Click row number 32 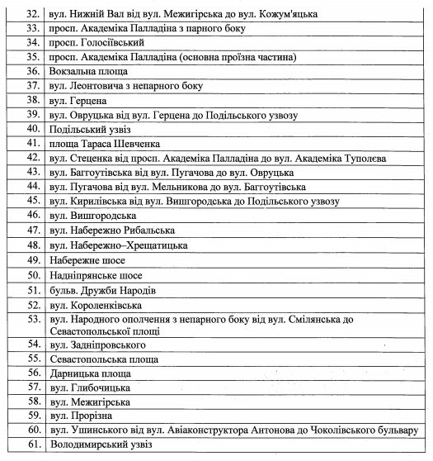click(x=34, y=14)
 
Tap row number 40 click(x=34, y=128)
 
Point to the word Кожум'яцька click(x=289, y=14)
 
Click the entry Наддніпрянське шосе click(x=95, y=274)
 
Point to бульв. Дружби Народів click(x=101, y=290)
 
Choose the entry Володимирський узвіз click(x=101, y=445)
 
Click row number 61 click(x=34, y=445)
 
